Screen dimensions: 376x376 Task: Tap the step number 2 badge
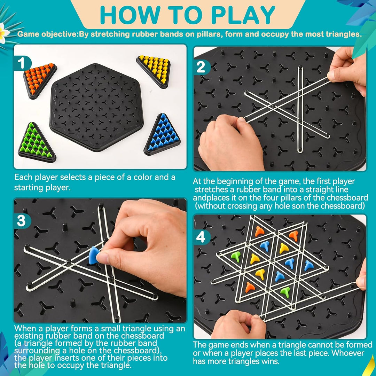(201, 67)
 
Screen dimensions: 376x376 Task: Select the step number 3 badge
(22, 221)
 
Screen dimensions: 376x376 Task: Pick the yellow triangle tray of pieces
(154, 70)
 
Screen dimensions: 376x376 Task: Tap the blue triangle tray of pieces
(162, 135)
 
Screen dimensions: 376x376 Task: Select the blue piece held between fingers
(94, 255)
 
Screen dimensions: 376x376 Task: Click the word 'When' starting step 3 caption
(25, 328)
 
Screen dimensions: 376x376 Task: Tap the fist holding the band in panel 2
(230, 141)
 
